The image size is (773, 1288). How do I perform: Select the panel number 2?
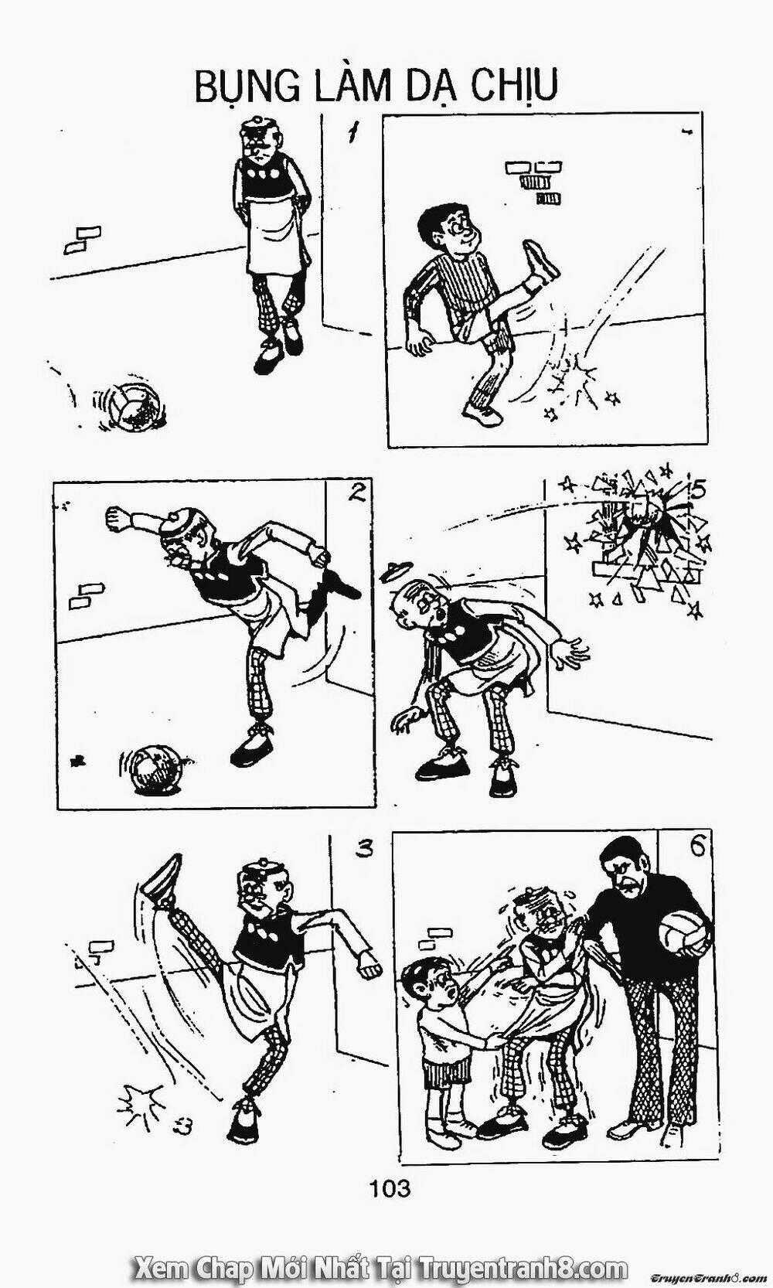357,492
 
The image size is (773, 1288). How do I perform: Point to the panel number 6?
696,849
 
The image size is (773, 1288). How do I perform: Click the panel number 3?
364,850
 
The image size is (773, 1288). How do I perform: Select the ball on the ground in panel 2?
152,767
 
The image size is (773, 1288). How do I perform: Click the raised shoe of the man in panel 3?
160,881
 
